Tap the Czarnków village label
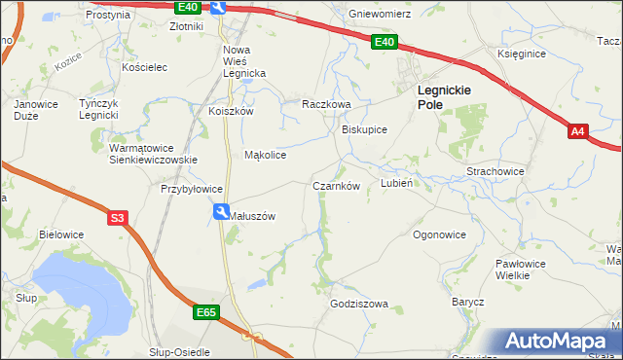337,186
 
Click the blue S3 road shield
118,219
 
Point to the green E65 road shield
205,313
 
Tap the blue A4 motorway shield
578,130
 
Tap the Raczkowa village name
325,103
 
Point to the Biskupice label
364,129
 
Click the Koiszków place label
231,111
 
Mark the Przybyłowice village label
193,190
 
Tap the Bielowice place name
61,234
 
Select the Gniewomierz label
381,15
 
